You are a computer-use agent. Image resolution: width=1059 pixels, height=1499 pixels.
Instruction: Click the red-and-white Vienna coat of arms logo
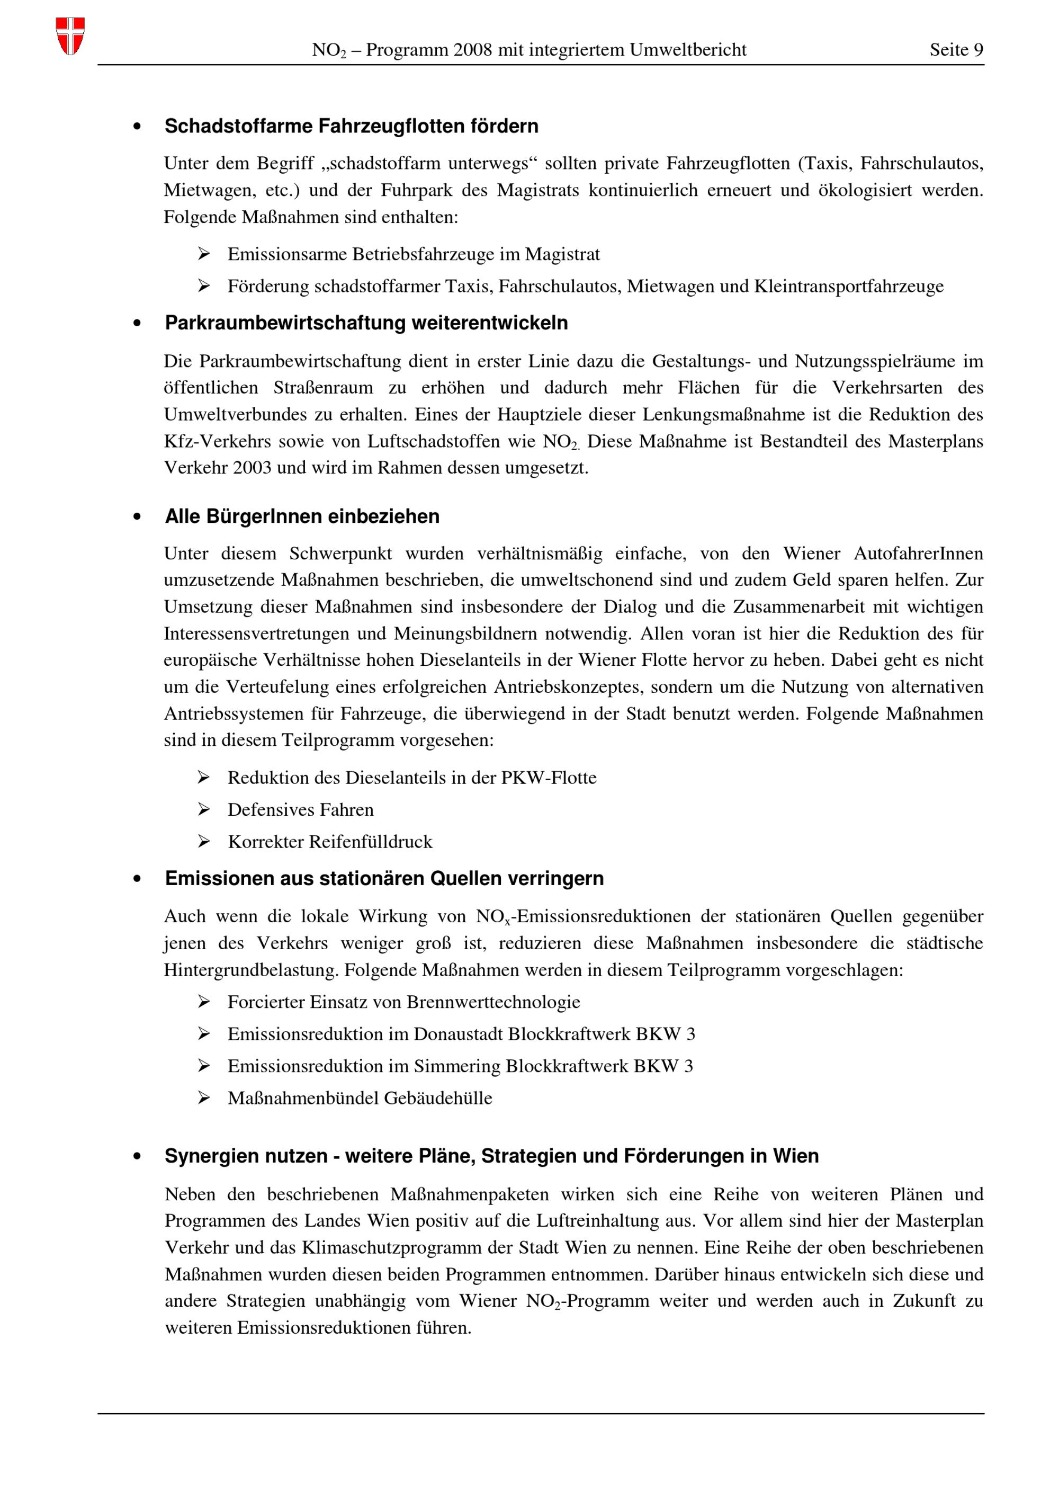pos(70,36)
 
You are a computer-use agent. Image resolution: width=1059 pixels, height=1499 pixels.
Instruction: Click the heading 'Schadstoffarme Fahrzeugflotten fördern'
pos(351,126)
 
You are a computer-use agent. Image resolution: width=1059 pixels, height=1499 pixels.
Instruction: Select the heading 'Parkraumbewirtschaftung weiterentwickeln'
pos(366,323)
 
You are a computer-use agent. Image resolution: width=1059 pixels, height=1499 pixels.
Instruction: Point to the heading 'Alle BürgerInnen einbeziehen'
pos(302,516)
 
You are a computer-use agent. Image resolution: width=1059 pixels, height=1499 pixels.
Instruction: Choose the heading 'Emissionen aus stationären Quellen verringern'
pos(384,878)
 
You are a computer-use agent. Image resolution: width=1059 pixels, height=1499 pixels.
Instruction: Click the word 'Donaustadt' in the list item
pos(458,1033)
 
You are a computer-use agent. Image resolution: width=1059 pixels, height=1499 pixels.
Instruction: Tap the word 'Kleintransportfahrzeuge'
pos(848,286)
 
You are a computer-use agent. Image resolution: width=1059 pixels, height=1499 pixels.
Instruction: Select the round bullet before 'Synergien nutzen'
pos(137,1156)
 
